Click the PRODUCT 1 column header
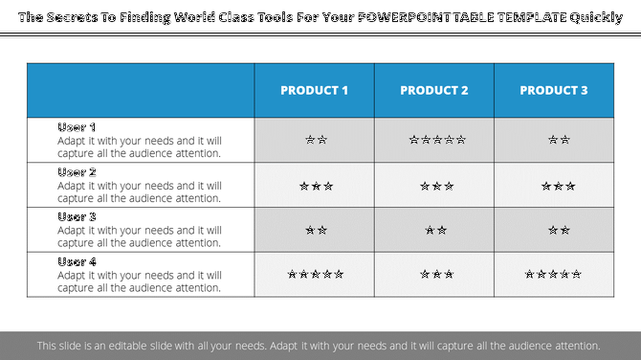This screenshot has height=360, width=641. click(x=314, y=91)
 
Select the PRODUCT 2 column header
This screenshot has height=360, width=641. click(x=434, y=91)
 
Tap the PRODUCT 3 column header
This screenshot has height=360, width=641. click(x=554, y=91)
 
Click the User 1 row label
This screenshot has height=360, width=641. click(x=77, y=127)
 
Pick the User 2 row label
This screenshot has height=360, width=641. click(x=77, y=172)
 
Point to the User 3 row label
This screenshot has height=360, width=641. click(x=77, y=217)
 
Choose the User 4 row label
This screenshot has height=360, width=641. click(x=77, y=261)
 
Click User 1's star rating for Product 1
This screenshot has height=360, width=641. click(x=316, y=140)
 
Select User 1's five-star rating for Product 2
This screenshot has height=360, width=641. click(x=436, y=140)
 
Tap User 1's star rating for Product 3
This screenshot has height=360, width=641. click(x=559, y=140)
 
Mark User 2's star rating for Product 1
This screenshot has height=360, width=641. click(x=316, y=186)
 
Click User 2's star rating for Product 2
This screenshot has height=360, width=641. click(x=436, y=186)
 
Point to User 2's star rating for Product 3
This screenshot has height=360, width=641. click(x=558, y=186)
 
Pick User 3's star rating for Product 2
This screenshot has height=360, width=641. click(x=435, y=231)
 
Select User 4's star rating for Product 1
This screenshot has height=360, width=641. click(x=316, y=275)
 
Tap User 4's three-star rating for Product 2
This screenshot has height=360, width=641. click(x=436, y=275)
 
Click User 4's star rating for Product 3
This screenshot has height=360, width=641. click(x=553, y=275)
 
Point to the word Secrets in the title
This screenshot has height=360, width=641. click(x=78, y=17)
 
